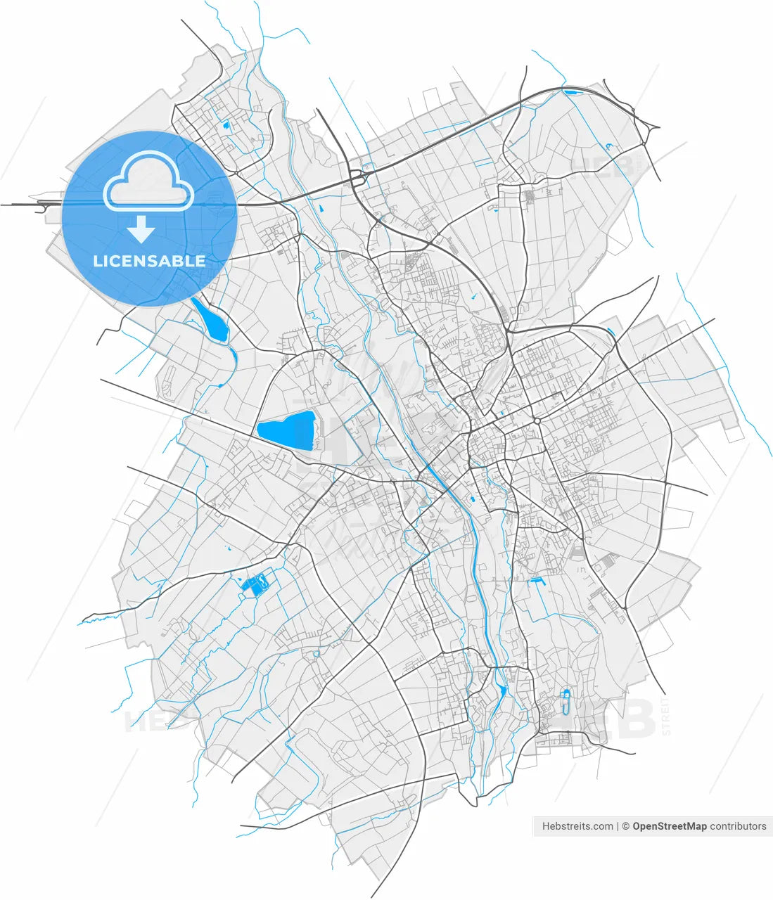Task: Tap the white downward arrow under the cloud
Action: pyautogui.click(x=141, y=229)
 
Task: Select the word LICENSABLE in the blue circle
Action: pyautogui.click(x=149, y=261)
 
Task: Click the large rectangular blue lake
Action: pyautogui.click(x=286, y=430)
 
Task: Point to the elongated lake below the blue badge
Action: pyautogui.click(x=210, y=320)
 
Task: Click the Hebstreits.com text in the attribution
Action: pyautogui.click(x=577, y=826)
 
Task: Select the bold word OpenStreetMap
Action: pyautogui.click(x=669, y=826)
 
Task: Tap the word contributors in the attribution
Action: pyautogui.click(x=738, y=826)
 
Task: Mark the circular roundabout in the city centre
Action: pyautogui.click(x=537, y=421)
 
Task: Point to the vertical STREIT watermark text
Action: pyautogui.click(x=666, y=716)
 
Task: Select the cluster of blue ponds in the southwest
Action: pyautogui.click(x=255, y=584)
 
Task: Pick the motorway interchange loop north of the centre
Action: pyautogui.click(x=357, y=175)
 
